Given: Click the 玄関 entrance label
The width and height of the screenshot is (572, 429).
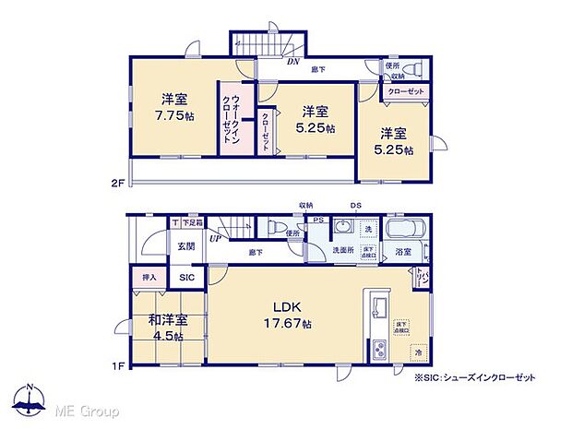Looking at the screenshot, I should tap(185, 246).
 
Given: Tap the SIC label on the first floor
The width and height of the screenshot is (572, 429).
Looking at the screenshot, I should tap(186, 277).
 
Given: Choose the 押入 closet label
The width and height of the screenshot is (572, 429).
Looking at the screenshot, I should tap(149, 276).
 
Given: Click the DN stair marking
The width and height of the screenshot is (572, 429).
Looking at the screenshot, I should tap(292, 63).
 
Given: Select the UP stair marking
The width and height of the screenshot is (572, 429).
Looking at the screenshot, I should tap(216, 238).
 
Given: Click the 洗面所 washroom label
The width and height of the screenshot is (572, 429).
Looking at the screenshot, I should tap(343, 250).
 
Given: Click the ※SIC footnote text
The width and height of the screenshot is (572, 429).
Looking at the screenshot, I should tap(476, 377).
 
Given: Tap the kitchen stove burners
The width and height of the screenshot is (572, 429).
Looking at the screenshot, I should tap(378, 351).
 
